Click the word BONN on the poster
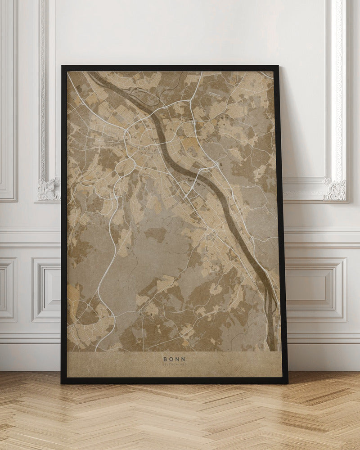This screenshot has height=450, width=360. click(174, 359)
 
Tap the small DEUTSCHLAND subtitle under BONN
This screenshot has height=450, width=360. click(174, 365)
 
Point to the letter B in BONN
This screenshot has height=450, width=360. click(166, 359)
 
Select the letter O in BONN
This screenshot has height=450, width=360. click(171, 359)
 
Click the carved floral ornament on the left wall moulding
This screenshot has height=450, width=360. click(49, 189)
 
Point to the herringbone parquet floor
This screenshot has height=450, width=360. click(180, 418)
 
